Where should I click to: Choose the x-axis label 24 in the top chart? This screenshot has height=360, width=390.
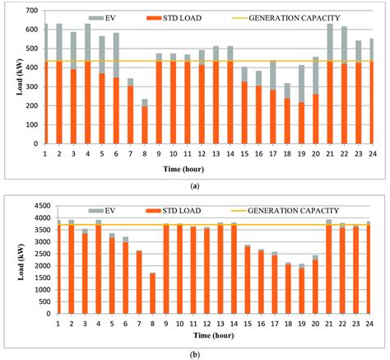[x=370, y=153]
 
